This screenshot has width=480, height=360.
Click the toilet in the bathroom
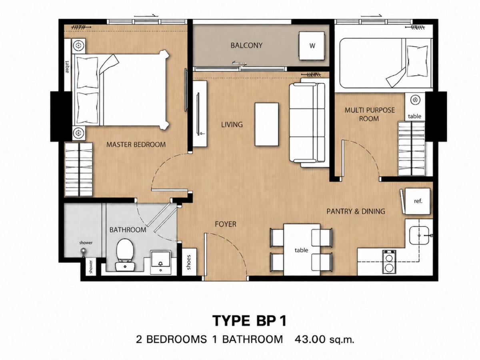[x=125, y=255]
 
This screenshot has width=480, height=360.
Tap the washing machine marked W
[x=312, y=46]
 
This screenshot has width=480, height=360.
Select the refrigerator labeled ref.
[x=418, y=201]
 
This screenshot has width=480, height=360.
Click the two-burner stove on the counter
[x=389, y=262]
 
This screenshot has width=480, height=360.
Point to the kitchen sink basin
[x=419, y=236]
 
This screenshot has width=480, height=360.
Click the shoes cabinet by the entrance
[x=189, y=262]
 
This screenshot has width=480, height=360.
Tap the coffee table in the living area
[x=266, y=124]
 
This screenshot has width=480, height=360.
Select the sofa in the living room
[x=309, y=123]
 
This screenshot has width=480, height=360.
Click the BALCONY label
[x=246, y=46]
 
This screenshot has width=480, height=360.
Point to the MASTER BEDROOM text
[x=136, y=144]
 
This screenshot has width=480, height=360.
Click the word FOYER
[x=226, y=224]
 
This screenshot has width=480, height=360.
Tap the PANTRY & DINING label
[x=356, y=211]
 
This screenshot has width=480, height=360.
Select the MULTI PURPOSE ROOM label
[x=370, y=114]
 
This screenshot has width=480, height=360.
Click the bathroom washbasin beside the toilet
[x=161, y=262]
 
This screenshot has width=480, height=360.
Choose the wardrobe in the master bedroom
[x=79, y=169]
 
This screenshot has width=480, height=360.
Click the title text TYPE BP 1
[x=249, y=321]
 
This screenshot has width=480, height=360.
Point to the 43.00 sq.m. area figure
[x=324, y=340]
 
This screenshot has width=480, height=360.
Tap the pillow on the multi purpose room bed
[x=417, y=61]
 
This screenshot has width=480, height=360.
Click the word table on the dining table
[x=301, y=250]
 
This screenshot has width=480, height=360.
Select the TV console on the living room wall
[x=200, y=114]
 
